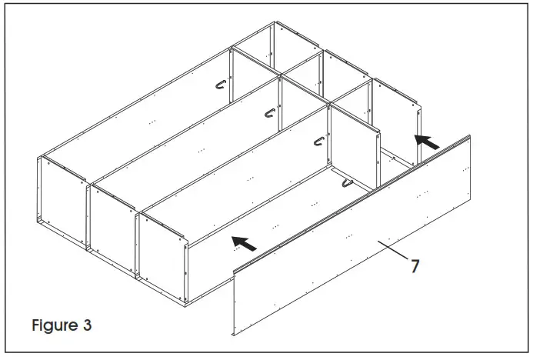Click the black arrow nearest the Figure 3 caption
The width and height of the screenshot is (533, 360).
click(x=245, y=244)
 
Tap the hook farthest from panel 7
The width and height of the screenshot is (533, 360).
click(x=222, y=87)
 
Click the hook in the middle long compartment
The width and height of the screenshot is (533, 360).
click(x=270, y=113)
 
